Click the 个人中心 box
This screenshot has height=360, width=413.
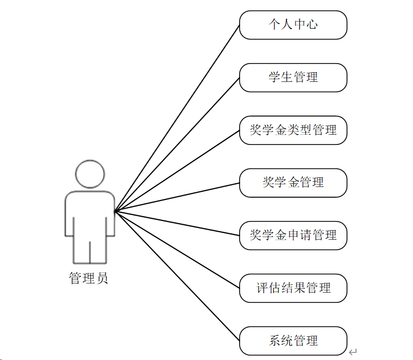[x=293, y=25]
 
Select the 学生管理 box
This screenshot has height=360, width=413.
[x=293, y=78]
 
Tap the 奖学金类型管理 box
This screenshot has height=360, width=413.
[x=293, y=130]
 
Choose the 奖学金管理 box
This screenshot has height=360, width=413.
[x=293, y=183]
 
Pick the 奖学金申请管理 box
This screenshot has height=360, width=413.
[x=293, y=236]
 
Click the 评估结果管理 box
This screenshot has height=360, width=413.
[x=293, y=288]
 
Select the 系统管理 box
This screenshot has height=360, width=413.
[x=293, y=341]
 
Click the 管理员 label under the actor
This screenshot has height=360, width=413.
[x=89, y=279]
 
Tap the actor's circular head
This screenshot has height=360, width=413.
[x=90, y=174]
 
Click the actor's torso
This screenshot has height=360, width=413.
[x=90, y=213]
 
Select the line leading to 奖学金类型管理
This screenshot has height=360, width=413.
[x=177, y=170]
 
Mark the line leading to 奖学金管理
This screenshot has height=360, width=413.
[x=177, y=197]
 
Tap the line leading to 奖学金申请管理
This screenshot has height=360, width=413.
[x=177, y=223]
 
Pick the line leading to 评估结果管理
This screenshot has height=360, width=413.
[x=177, y=249]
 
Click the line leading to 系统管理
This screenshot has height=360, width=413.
[x=177, y=275]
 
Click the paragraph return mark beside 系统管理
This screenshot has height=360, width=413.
[x=353, y=352]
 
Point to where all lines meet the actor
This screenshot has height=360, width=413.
[x=115, y=210]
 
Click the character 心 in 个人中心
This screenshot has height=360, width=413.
[x=312, y=25]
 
